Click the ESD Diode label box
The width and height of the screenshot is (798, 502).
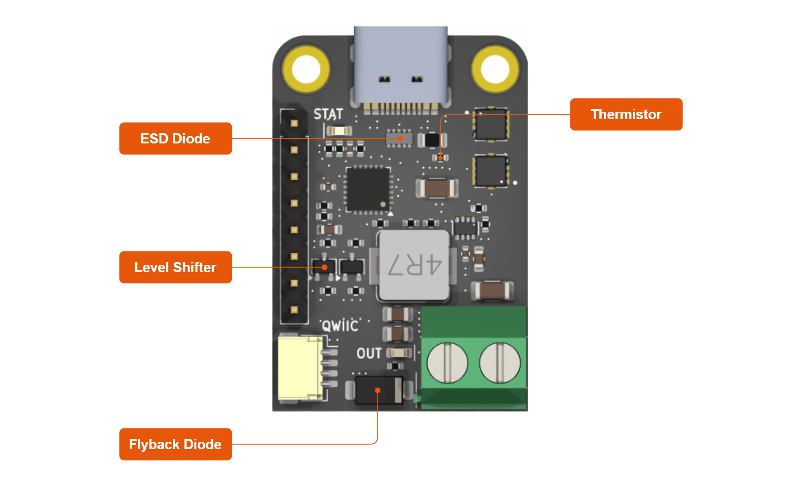175,138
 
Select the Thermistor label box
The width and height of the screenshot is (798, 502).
626,114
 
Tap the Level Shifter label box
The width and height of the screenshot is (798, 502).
175,267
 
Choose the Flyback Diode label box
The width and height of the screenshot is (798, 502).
175,444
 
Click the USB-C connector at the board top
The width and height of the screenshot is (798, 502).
400,64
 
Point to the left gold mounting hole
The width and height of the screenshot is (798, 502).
306,69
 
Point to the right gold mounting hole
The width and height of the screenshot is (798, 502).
495,69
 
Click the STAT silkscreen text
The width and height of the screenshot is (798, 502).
328,114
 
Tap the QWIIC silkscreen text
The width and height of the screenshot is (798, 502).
340,326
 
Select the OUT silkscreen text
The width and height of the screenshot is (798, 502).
369,354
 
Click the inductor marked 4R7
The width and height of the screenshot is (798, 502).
414,265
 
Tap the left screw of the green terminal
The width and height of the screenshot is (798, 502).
447,363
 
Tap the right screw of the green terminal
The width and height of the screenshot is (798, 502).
499,363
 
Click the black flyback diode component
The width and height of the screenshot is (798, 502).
379,390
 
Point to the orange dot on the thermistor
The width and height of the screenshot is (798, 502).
440,158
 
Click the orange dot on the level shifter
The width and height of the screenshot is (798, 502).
325,267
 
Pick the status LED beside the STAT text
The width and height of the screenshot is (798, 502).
339,131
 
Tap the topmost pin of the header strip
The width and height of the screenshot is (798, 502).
294,123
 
